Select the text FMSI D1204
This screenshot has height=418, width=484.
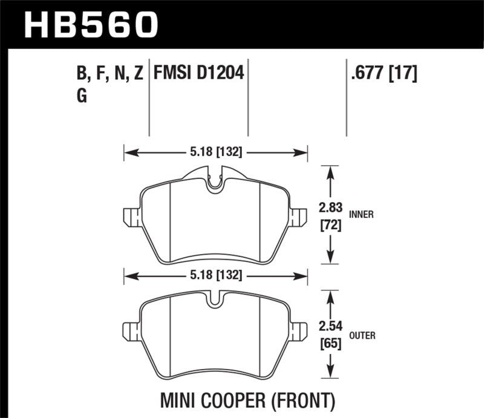coord(198,74)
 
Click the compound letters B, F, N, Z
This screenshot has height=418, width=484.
coord(108,74)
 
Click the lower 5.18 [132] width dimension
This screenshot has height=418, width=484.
coord(215,275)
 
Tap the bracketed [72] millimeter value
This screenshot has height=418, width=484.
coord(330,227)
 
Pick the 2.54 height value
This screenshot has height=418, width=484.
coord(330,327)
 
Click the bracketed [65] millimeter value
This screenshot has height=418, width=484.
coord(330,345)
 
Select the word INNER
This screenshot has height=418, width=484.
coord(361,214)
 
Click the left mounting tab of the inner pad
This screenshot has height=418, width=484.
coord(130,217)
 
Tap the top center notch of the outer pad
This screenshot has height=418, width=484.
coord(215,302)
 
